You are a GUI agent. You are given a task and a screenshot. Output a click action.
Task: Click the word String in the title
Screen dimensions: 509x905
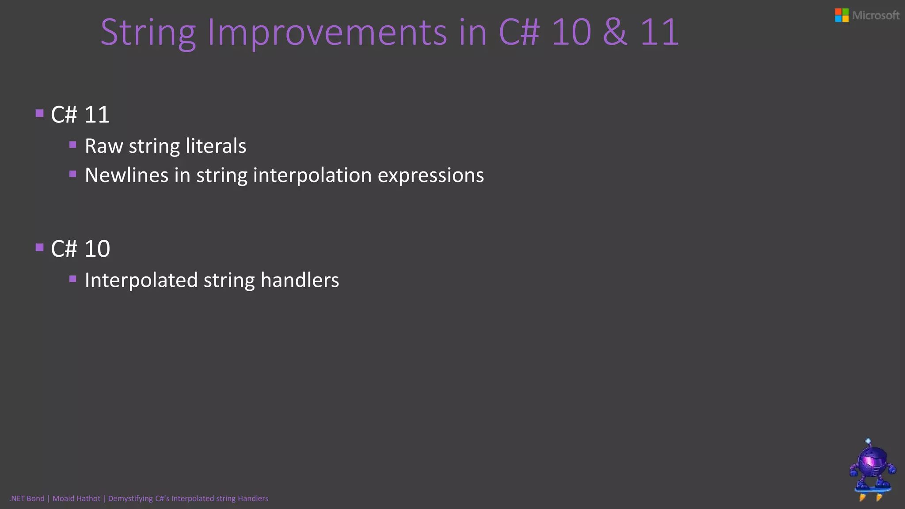148,33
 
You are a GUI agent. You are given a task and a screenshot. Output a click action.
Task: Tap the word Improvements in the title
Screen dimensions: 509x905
327,33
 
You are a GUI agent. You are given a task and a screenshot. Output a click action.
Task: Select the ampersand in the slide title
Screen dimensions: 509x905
615,32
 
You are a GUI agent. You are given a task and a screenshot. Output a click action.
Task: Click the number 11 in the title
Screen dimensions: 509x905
659,32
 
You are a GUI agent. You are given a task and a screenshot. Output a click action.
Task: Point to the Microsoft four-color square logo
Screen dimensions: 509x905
841,15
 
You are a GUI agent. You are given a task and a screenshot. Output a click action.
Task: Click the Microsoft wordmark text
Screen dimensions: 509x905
875,15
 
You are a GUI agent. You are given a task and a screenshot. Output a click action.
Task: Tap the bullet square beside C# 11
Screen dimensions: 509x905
40,113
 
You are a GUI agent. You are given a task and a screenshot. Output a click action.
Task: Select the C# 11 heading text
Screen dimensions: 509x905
80,115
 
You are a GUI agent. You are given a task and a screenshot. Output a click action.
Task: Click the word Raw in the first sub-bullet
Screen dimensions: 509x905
104,146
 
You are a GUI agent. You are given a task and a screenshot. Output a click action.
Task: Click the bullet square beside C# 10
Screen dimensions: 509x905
40,247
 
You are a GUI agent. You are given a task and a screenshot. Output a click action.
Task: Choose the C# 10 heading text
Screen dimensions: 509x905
80,249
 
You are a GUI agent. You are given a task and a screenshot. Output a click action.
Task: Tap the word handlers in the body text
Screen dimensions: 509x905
300,281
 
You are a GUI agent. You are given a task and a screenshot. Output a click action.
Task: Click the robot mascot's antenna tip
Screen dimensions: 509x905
868,441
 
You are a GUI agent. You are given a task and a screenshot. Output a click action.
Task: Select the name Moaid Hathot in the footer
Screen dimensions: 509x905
76,498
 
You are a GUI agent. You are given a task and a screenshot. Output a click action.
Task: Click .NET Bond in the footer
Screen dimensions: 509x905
27,498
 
